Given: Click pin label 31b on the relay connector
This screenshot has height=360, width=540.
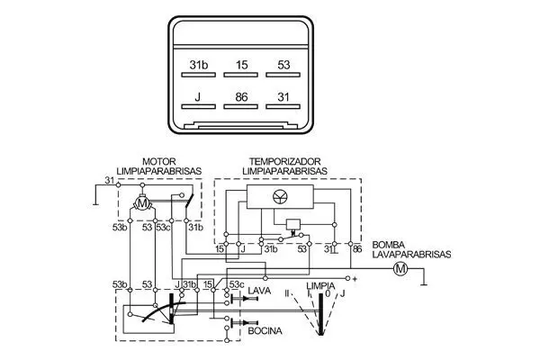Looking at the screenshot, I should tap(199, 66).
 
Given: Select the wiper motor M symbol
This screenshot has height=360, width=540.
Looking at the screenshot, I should tap(142, 204).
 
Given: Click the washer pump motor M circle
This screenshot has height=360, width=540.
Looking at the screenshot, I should tap(401, 268).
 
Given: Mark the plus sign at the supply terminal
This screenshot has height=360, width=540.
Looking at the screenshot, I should tap(355, 280).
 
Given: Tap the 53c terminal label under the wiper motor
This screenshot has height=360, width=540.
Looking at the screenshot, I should tap(163, 228).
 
